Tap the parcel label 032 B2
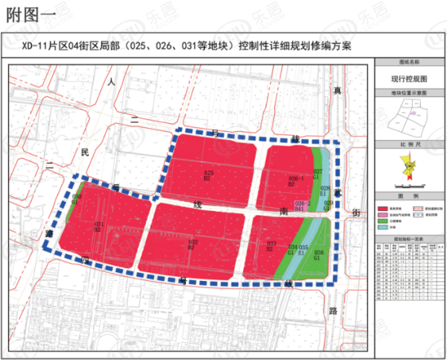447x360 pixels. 191,244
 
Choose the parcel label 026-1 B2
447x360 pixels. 296,180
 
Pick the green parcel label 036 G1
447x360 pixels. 318,255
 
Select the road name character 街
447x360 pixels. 355,212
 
